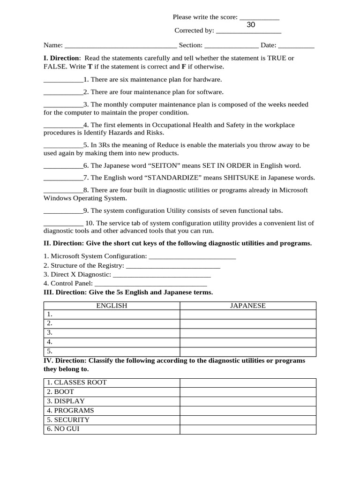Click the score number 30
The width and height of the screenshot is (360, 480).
pos(251,25)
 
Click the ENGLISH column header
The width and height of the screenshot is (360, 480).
pos(112,306)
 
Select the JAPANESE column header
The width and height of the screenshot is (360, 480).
pos(247,306)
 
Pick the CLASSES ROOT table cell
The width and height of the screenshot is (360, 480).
pos(112,382)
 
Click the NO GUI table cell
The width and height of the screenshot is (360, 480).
pos(112,429)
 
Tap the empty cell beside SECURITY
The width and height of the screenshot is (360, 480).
pos(247,420)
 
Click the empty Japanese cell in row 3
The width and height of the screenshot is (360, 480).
pos(247,333)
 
